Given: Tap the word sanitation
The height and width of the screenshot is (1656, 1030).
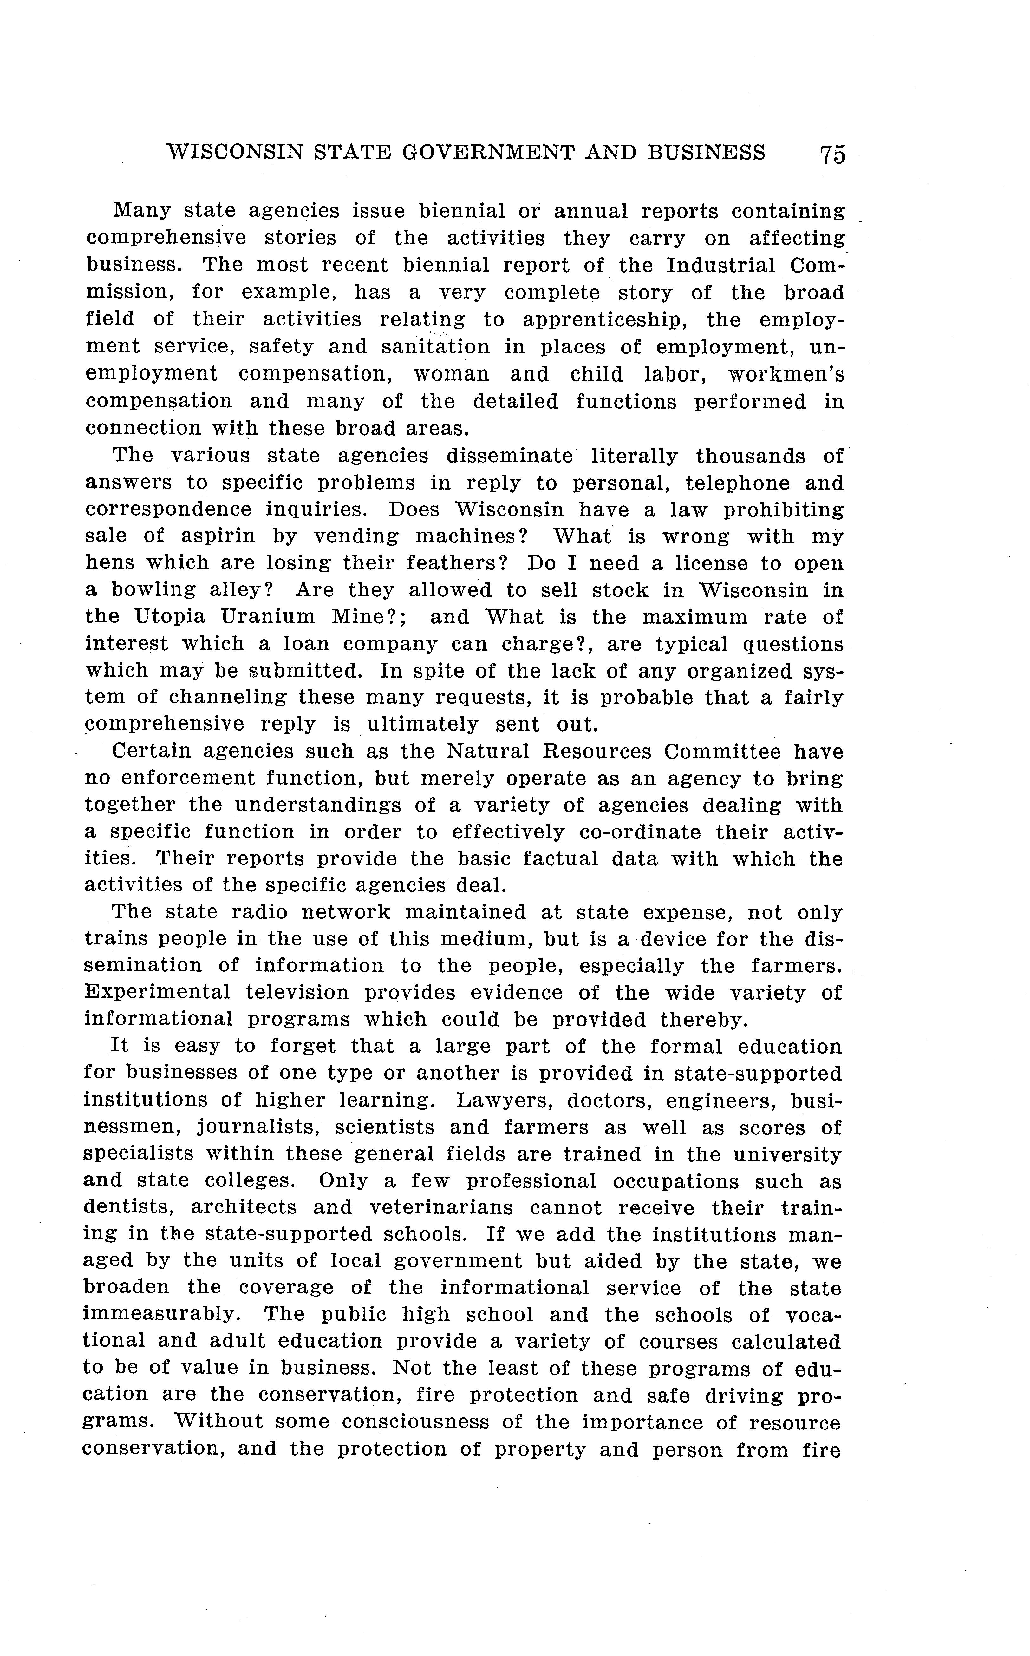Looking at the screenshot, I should [435, 347].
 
